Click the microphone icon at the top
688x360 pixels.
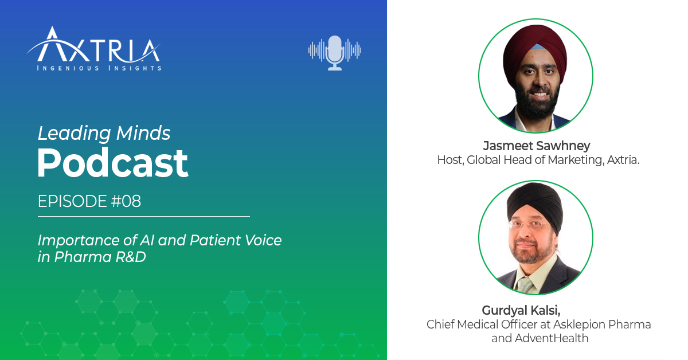pos(334,53)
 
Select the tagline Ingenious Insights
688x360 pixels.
pos(99,68)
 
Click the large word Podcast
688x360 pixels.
pos(112,164)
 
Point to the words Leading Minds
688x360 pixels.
pos(104,134)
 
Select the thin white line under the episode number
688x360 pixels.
pos(143,216)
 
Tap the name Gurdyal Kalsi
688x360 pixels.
pos(520,310)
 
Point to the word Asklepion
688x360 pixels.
pos(583,324)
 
